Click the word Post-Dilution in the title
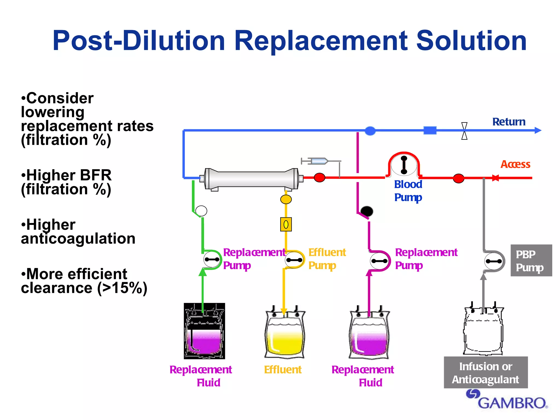[x=139, y=41]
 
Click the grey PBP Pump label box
[x=531, y=261]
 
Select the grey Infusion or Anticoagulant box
[x=486, y=372]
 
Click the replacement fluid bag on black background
[x=204, y=331]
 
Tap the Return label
[x=509, y=122]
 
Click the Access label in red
[x=515, y=164]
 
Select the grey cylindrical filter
[x=252, y=179]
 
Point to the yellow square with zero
[x=286, y=224]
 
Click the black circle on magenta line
[x=367, y=211]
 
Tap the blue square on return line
[x=430, y=130]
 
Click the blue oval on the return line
[x=370, y=131]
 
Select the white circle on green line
[x=201, y=211]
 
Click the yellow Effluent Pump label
[x=327, y=259]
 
